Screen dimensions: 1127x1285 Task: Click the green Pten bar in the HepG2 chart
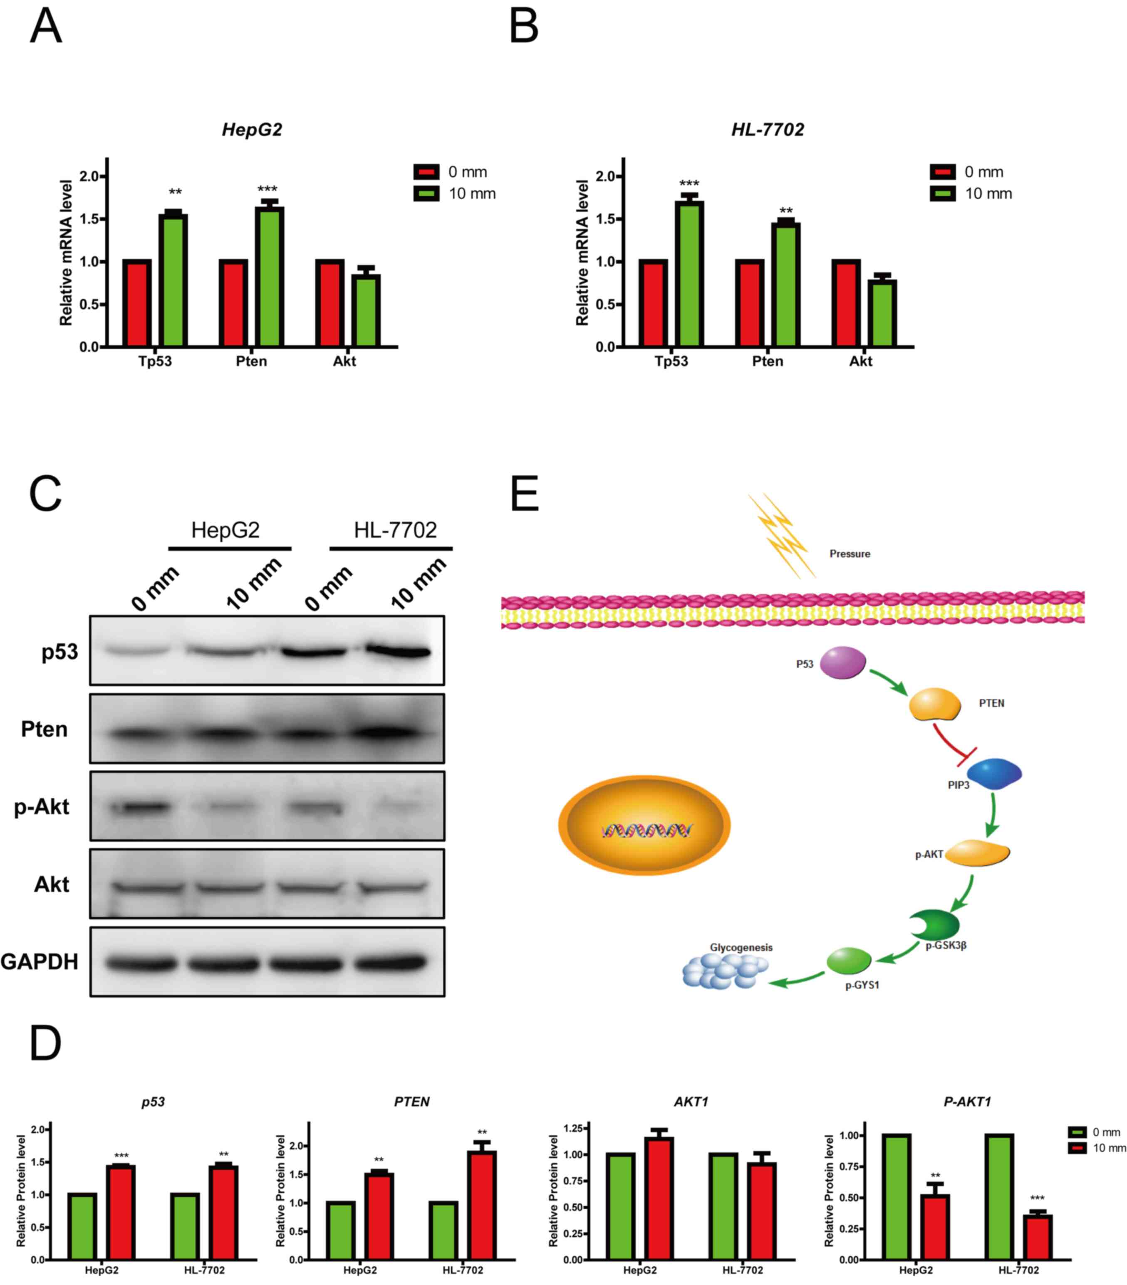[269, 277]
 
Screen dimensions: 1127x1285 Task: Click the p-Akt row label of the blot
[42, 807]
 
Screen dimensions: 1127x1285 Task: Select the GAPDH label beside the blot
[39, 962]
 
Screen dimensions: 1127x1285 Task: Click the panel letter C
[45, 494]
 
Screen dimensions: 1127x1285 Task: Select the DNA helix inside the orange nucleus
[646, 831]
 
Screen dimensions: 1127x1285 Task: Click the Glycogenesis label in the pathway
[741, 947]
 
